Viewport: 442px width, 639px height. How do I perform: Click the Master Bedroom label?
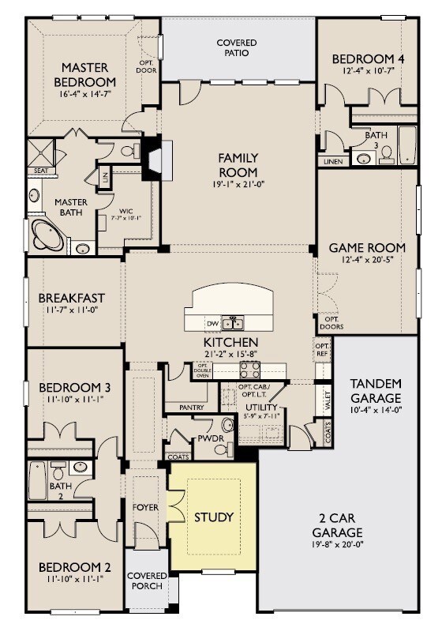(x=84, y=74)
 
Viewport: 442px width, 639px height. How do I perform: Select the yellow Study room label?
(x=214, y=517)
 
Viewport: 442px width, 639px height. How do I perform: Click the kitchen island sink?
(x=232, y=322)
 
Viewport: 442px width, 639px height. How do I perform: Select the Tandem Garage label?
(x=375, y=390)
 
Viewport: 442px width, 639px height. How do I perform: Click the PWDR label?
(x=208, y=437)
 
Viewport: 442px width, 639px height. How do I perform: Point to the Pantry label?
(x=191, y=407)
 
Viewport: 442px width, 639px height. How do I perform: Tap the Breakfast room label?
(x=72, y=298)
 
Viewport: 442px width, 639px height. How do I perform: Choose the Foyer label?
(x=144, y=507)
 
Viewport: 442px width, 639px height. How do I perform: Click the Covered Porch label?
(x=146, y=581)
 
